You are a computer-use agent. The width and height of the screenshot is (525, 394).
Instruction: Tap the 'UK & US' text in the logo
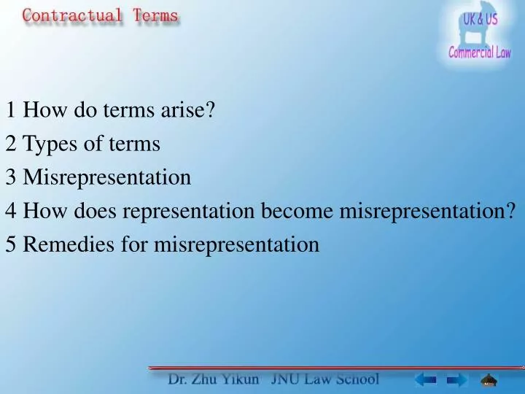click(x=481, y=20)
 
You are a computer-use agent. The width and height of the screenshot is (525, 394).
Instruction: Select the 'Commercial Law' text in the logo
click(x=479, y=53)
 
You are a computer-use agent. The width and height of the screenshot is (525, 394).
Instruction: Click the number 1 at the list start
click(x=10, y=111)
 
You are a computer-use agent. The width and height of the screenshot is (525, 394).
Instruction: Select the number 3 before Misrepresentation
click(x=10, y=177)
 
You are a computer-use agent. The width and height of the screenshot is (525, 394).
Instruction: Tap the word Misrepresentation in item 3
click(x=107, y=177)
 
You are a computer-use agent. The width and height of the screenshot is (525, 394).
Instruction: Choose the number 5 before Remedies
click(x=10, y=244)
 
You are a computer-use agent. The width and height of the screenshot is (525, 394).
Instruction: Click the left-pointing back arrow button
click(x=425, y=379)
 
